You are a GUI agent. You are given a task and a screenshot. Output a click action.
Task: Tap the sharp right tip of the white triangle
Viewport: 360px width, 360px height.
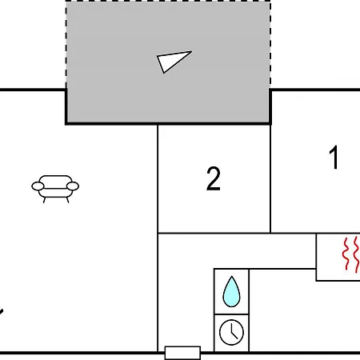[x=191, y=51]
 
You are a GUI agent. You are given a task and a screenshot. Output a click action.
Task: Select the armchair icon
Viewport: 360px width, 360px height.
[x=55, y=189]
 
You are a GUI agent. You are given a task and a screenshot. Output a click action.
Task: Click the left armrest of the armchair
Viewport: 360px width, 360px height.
[x=38, y=186]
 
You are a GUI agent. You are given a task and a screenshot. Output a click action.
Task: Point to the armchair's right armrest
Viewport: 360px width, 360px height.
[x=73, y=186]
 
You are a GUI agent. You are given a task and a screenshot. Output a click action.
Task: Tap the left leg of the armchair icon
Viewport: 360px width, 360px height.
[x=45, y=200]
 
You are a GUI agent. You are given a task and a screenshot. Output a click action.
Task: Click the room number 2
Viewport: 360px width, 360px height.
[x=214, y=178]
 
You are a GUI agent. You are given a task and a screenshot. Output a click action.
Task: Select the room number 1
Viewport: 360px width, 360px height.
[x=334, y=158]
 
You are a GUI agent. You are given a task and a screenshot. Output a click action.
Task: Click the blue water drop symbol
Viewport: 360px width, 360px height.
[x=231, y=292]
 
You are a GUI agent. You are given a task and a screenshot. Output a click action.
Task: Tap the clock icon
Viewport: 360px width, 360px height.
[x=231, y=332]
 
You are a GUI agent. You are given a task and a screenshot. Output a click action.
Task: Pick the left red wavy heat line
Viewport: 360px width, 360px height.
[x=346, y=254]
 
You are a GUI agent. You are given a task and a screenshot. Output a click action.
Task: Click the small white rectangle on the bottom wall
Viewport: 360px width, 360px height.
[x=182, y=353]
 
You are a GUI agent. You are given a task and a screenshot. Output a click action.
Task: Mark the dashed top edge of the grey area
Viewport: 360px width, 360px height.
[x=168, y=2]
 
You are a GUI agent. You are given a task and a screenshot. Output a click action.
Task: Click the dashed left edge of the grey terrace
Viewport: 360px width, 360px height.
[x=66, y=46]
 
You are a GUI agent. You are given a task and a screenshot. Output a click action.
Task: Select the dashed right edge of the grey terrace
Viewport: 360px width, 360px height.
[x=270, y=46]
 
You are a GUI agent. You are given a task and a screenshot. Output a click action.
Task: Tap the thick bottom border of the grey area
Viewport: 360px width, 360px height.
[x=168, y=123]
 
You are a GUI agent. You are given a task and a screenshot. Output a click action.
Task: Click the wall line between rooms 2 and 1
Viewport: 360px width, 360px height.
[x=270, y=178]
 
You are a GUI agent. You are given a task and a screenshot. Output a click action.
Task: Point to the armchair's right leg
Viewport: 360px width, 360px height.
[x=67, y=200]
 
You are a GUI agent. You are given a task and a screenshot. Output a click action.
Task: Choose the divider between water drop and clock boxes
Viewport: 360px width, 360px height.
[x=231, y=314]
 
